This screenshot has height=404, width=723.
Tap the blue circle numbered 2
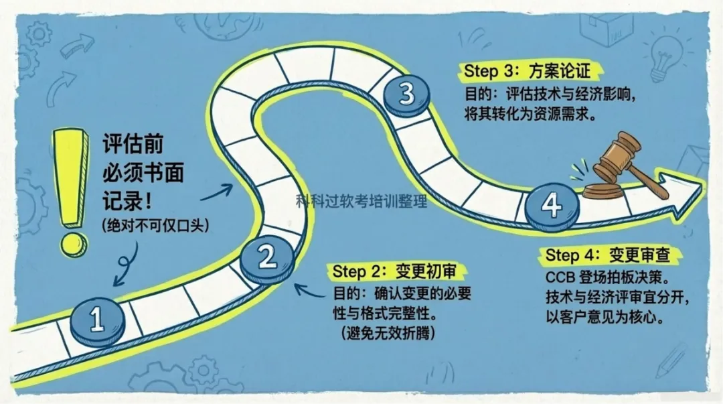(x=266, y=257)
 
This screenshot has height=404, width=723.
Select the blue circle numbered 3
(x=406, y=94)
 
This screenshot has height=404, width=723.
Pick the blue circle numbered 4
(x=551, y=205)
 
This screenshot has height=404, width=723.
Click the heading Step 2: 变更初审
(x=400, y=272)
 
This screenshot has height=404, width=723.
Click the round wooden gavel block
(x=602, y=192)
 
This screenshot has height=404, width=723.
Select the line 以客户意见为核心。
(x=606, y=316)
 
